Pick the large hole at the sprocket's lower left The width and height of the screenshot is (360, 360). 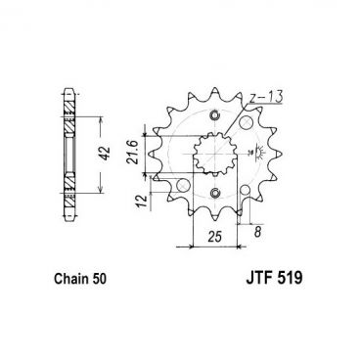point(183,185)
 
